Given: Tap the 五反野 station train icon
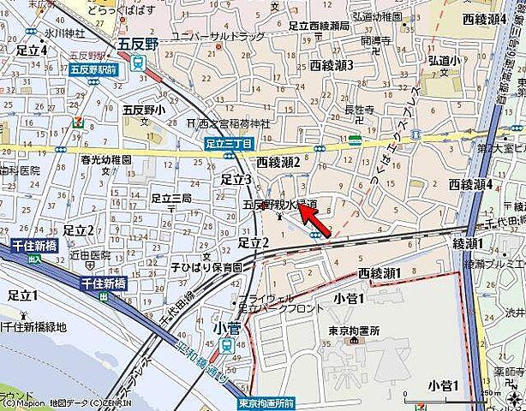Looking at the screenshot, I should pyautogui.click(x=138, y=63).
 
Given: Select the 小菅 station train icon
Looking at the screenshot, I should pyautogui.click(x=225, y=345).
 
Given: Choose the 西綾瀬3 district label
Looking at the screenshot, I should pyautogui.click(x=332, y=65).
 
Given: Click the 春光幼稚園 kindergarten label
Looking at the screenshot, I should pyautogui.click(x=105, y=160).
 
